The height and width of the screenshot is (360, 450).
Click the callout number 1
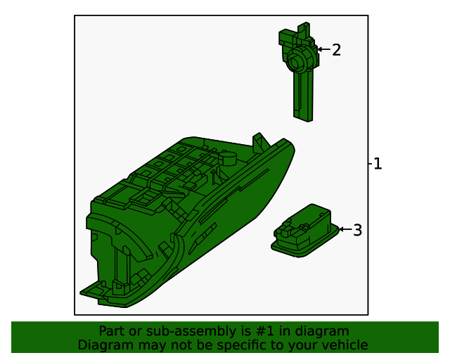(378, 164)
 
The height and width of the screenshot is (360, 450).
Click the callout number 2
(336, 50)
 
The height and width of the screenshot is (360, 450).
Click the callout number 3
(357, 230)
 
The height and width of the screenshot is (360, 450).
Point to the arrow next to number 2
(323, 50)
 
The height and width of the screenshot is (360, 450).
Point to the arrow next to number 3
(345, 229)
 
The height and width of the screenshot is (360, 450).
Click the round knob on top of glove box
(228, 158)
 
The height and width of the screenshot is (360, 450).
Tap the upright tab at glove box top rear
(259, 141)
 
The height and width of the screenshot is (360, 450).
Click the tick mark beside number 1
(370, 164)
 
